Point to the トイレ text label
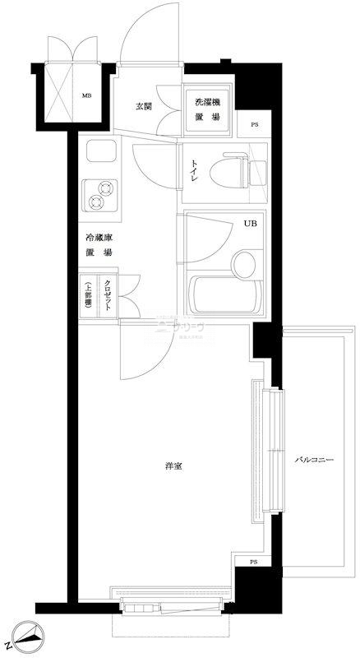[x=195, y=170]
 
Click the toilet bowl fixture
[x=229, y=171]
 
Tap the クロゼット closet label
[x=108, y=294]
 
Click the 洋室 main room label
[x=173, y=466]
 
